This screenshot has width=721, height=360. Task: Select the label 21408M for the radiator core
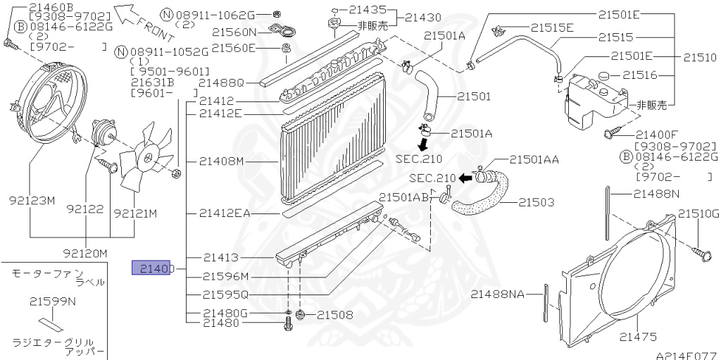click(220, 161)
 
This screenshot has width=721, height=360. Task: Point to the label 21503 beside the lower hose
click(536, 202)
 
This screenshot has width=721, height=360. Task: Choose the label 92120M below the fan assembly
click(84, 252)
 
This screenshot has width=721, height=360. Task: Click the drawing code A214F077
click(686, 356)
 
